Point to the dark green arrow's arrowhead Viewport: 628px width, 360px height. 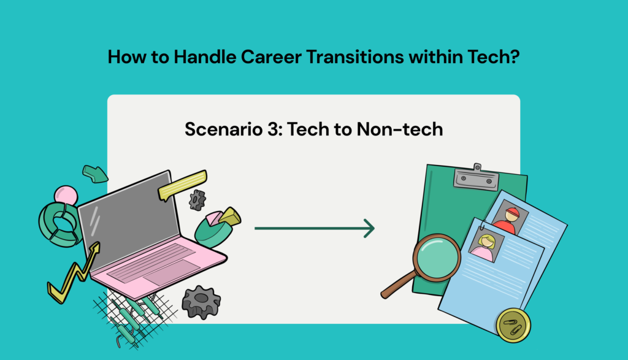pyautogui.click(x=369, y=228)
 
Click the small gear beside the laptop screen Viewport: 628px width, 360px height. pyautogui.click(x=197, y=199)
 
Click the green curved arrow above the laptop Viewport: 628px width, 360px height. pyautogui.click(x=94, y=174)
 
